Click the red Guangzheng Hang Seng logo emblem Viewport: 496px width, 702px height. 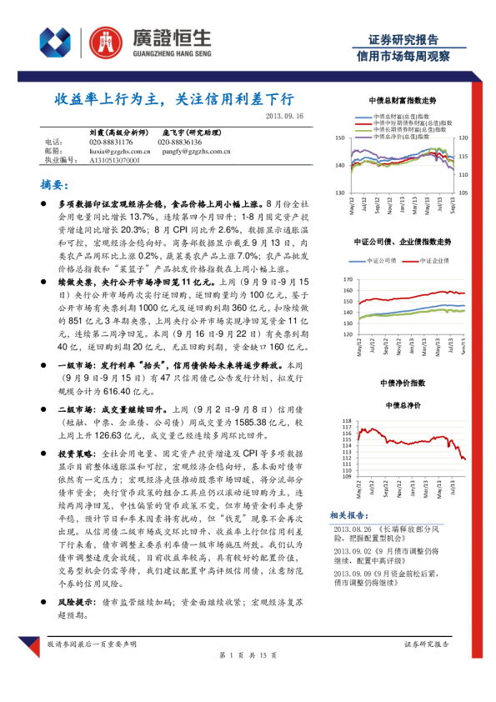point(104,40)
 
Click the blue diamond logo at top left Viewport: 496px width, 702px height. point(56,40)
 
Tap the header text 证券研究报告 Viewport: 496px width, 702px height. point(403,39)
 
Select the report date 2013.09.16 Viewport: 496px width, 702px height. point(286,117)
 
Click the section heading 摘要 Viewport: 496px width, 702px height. point(54,183)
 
